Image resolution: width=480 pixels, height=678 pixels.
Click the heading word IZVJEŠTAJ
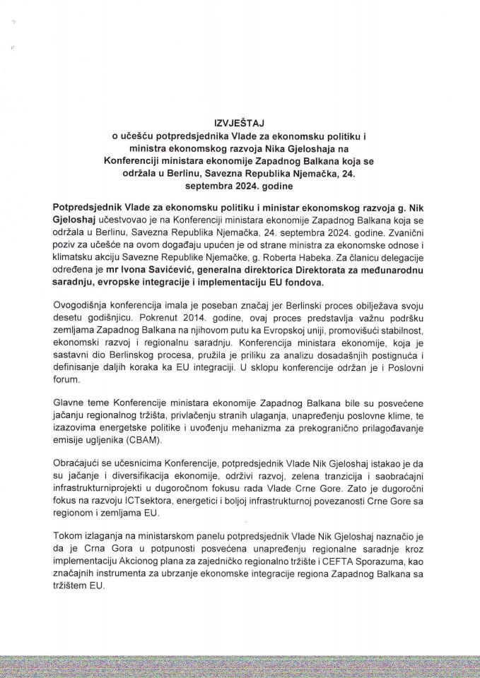240,121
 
